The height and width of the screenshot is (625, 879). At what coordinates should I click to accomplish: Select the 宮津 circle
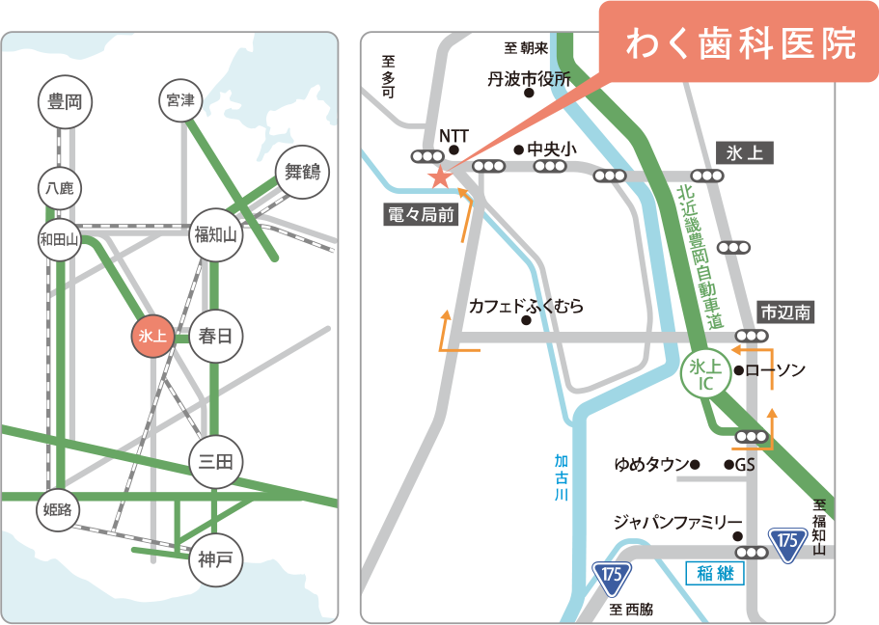pos(180,100)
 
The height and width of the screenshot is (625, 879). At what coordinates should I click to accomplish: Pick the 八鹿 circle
pos(60,188)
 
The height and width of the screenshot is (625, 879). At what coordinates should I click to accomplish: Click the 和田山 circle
pos(60,239)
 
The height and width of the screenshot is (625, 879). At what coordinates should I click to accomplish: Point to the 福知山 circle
pos(216,234)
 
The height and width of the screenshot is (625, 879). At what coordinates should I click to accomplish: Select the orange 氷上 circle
pos(153,337)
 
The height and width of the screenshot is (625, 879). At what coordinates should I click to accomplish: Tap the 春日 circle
pos(215,337)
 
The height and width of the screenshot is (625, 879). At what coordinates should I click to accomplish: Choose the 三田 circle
pos(215,462)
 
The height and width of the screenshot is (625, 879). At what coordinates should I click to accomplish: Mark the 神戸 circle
pos(215,558)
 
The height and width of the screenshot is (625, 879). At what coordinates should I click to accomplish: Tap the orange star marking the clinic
pos(440,177)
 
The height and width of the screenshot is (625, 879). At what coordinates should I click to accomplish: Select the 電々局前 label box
pos(421,216)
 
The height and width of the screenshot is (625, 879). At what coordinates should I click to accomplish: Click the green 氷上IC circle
pos(705,374)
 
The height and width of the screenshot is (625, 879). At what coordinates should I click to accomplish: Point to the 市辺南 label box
pos(784,312)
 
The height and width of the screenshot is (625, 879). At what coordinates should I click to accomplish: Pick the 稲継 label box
pos(714,573)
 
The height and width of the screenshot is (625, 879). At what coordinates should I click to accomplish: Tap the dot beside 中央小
pos(518,149)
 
